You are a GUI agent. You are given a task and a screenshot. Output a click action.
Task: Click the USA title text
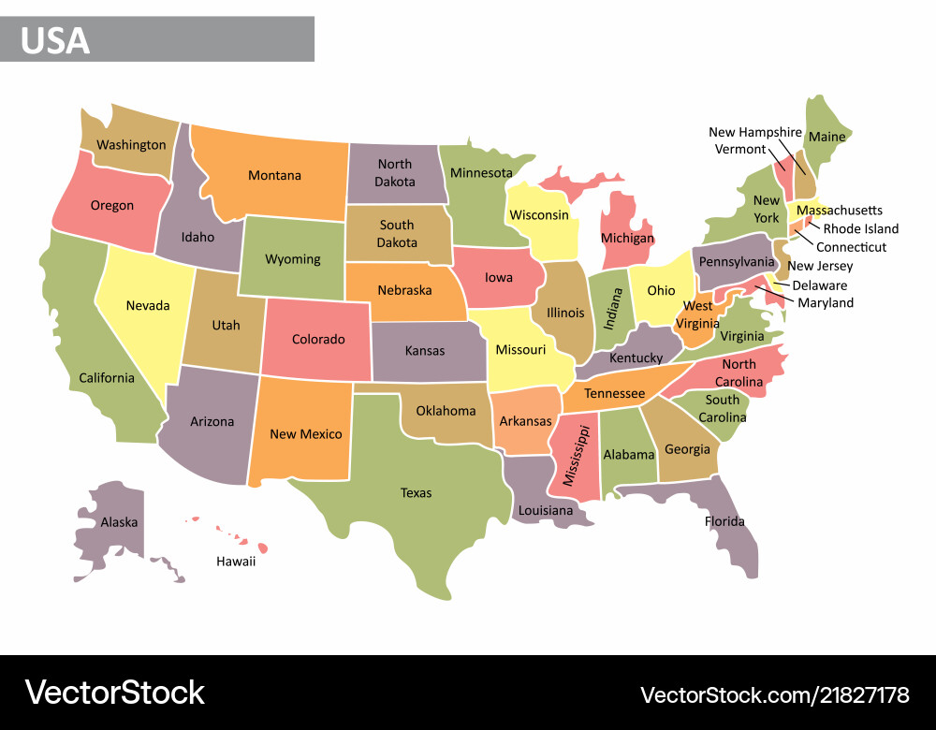pos(55,40)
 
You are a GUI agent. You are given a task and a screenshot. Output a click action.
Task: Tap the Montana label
pos(274,175)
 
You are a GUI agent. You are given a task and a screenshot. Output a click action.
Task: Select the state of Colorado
pos(318,339)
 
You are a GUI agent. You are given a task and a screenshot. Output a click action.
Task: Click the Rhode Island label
pos(860,228)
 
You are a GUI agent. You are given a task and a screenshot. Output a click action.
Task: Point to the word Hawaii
pos(235,562)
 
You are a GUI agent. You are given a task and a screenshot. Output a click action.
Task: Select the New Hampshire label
pos(754,132)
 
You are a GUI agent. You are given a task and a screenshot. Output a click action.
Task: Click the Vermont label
pos(739,149)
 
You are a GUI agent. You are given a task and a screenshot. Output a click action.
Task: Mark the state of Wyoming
pos(292,258)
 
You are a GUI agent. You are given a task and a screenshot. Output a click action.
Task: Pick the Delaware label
pos(819,285)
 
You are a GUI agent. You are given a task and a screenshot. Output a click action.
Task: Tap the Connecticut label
pos(851,247)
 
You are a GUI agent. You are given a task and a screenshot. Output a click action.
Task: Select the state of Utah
pos(226,325)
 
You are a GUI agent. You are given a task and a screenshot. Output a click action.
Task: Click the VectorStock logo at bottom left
pos(114,693)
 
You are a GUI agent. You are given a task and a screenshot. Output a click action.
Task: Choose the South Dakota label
pos(396,234)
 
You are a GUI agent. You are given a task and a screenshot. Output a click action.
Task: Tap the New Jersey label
pos(820,267)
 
